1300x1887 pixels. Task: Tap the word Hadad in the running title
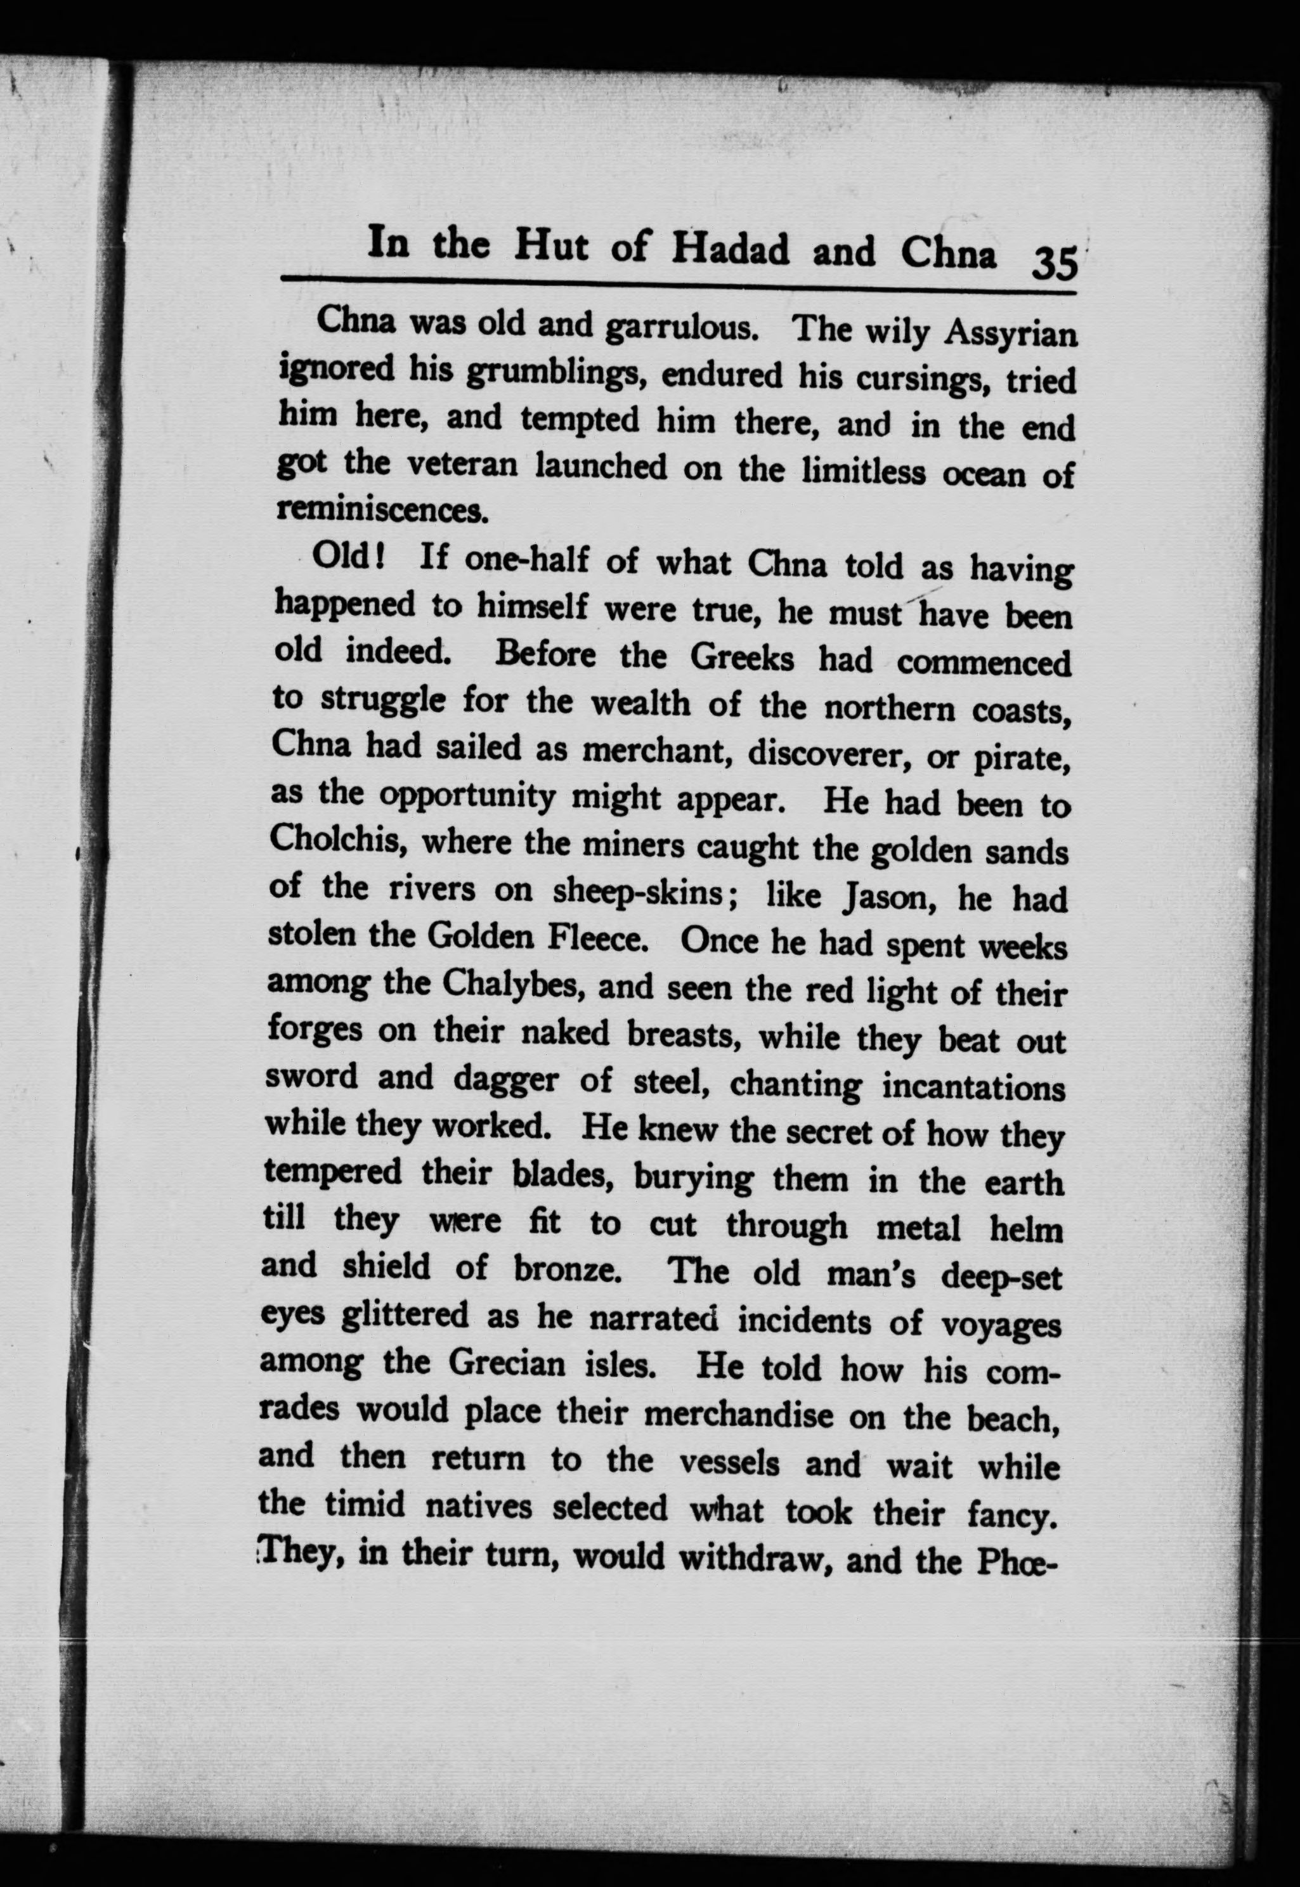(731, 250)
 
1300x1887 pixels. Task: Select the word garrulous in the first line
(684, 326)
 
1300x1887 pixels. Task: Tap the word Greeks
(742, 656)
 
